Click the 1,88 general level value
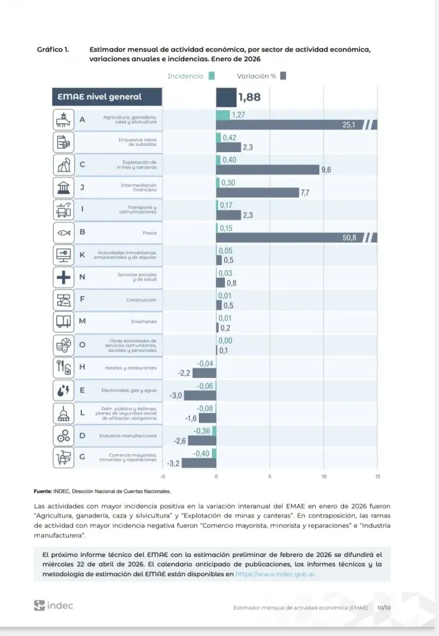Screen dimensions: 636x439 tap(249, 98)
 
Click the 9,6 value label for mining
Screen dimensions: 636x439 tap(326, 169)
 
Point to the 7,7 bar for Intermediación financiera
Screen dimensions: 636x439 tap(257, 193)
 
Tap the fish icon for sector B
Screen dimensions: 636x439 tap(63, 232)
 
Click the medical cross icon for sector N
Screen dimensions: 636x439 tap(63, 277)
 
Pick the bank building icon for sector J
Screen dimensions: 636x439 tap(63, 187)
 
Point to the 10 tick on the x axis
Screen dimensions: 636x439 tap(324, 476)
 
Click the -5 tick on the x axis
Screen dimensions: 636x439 tap(163, 476)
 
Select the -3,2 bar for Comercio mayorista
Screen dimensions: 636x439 tap(199, 463)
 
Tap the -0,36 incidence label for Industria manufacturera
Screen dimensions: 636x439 tap(202, 431)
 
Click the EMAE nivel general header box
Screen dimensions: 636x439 tap(107, 97)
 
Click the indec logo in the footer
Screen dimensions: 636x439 tap(53, 605)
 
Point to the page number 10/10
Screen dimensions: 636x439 tap(383, 608)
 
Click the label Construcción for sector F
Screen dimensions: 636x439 tap(141, 299)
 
